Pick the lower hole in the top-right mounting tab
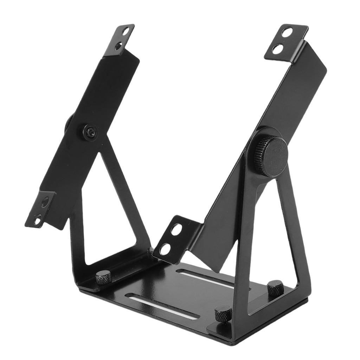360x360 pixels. [x=278, y=49]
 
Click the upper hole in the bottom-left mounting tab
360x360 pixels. [x=45, y=202]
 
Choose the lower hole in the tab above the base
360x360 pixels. [x=165, y=249]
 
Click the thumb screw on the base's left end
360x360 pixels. [x=103, y=277]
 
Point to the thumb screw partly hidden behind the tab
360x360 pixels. [x=150, y=252]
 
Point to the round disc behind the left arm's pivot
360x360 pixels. [x=68, y=123]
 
